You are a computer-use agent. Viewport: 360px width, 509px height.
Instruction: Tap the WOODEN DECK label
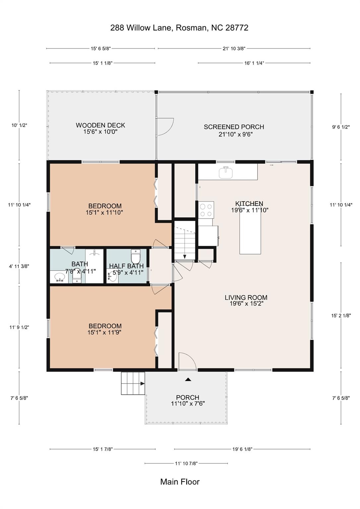click(x=100, y=125)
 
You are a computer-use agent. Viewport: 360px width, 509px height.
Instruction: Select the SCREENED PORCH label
click(x=234, y=127)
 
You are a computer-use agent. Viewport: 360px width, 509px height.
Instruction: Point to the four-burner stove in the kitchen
click(x=206, y=210)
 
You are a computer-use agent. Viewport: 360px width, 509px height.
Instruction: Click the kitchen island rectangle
click(x=250, y=234)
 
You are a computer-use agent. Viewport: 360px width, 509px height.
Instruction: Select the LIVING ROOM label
click(x=246, y=298)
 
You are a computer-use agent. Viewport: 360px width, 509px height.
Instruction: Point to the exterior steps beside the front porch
click(x=133, y=383)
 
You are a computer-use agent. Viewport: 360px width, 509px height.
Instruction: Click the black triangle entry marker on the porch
click(x=188, y=379)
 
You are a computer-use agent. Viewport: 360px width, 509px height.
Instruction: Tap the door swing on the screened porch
click(x=165, y=127)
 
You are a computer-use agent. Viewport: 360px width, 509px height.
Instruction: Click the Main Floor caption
click(x=180, y=482)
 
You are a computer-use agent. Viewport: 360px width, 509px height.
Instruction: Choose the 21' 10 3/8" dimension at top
click(x=234, y=49)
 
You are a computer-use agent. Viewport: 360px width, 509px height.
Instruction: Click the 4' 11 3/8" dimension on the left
click(x=19, y=266)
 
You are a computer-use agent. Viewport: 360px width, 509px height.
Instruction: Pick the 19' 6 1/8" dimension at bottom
click(x=242, y=449)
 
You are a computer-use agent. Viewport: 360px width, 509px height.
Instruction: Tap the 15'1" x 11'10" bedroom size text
click(x=104, y=213)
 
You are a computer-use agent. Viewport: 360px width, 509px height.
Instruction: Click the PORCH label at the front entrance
click(x=188, y=397)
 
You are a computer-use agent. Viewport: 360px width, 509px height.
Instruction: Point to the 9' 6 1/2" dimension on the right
click(x=341, y=127)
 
